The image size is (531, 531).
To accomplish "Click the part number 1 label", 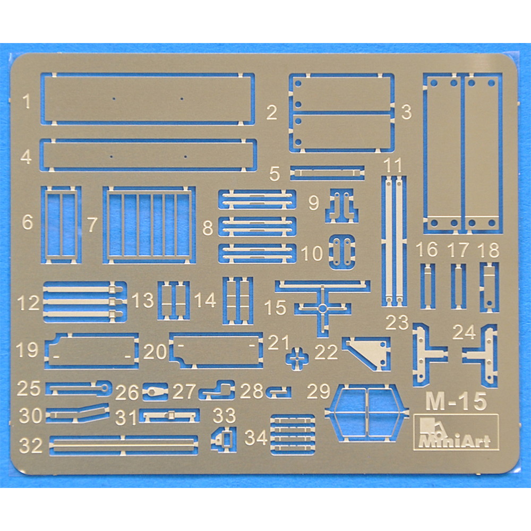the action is [27, 101].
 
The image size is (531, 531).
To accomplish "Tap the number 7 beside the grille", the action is [92, 224].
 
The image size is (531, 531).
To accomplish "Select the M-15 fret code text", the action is [456, 401].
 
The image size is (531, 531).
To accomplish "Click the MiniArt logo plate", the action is [456, 432].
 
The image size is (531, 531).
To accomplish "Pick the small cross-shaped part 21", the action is [297, 358].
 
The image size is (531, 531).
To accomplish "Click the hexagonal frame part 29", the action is [367, 413].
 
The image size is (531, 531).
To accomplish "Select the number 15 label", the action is [275, 307].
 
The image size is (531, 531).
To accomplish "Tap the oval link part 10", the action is [342, 252].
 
